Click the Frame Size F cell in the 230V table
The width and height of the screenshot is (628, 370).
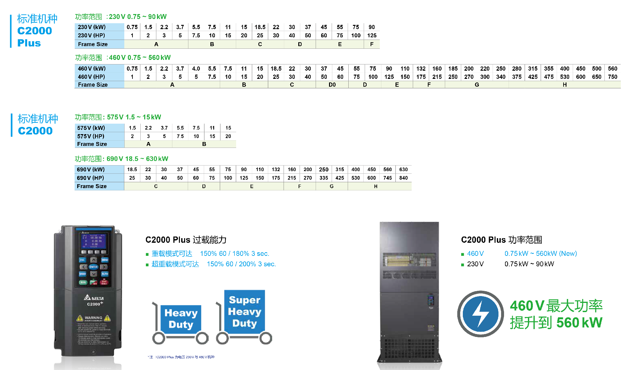tap(372, 44)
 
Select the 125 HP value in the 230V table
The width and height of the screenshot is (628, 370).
tap(372, 35)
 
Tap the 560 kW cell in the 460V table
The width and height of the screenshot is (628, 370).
tap(612, 68)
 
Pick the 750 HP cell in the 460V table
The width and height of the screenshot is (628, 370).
tap(612, 77)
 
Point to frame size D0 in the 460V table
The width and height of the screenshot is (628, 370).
tap(332, 85)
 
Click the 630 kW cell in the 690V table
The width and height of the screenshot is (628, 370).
tap(403, 169)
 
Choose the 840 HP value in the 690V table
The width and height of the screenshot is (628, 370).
tap(403, 178)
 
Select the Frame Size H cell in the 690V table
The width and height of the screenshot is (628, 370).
tap(375, 186)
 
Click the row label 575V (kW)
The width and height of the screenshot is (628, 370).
tap(91, 128)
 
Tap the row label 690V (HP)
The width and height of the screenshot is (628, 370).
tap(91, 178)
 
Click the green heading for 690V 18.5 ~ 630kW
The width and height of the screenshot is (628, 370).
tap(121, 159)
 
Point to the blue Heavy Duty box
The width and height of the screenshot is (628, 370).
tap(181, 319)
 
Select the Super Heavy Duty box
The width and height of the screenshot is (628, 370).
tap(245, 311)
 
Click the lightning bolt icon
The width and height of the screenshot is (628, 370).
tap(480, 314)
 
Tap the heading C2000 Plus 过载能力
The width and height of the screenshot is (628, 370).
tap(186, 240)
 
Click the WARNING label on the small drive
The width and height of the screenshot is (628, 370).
tap(94, 318)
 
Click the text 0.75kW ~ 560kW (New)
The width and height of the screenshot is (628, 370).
tap(540, 254)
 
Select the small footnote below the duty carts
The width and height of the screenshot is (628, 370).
tap(181, 357)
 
